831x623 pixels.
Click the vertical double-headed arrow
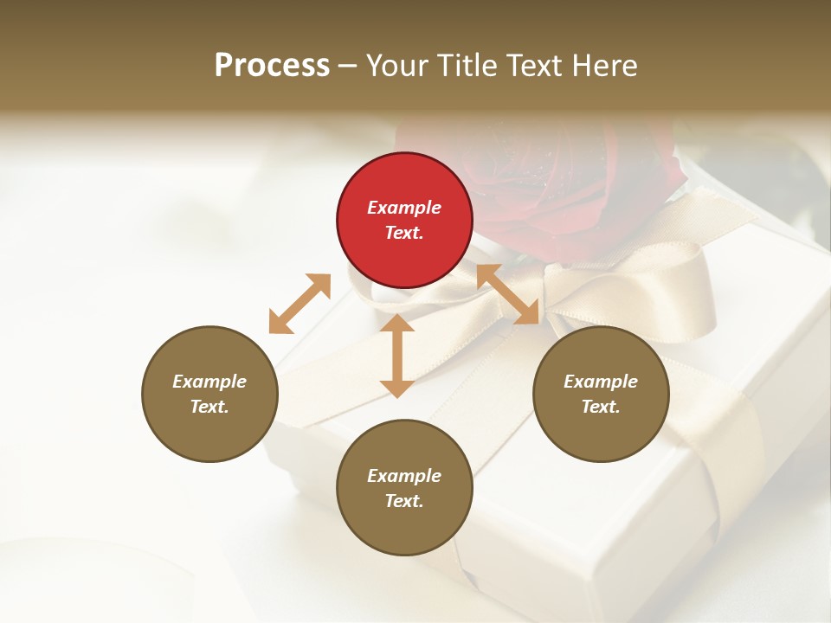[x=397, y=355]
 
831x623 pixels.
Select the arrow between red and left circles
[x=300, y=304]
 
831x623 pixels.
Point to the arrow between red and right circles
[x=508, y=294]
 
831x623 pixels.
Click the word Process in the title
[x=272, y=65]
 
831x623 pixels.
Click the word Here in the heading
[x=605, y=65]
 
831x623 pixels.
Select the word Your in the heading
[x=396, y=65]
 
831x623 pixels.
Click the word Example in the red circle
[x=404, y=208]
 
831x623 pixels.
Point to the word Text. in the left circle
[x=209, y=407]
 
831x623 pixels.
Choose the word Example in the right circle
[x=601, y=382]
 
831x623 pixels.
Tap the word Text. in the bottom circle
[x=404, y=501]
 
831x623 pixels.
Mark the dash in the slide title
[x=348, y=66]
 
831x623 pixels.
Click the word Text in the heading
[x=530, y=65]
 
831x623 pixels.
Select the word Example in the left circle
[x=209, y=382]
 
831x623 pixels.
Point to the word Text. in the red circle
[x=404, y=233]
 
